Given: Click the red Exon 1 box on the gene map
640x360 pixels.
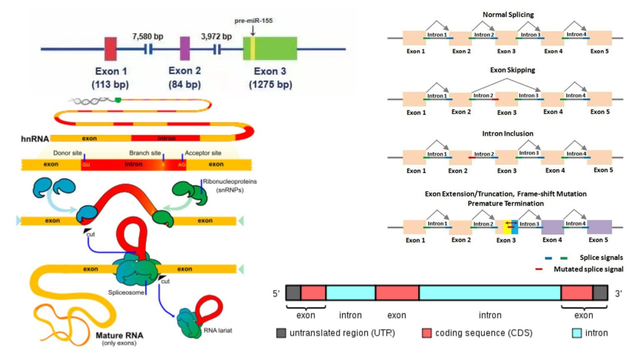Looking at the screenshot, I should coord(110,49).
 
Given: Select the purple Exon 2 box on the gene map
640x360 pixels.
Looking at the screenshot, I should coord(185,48).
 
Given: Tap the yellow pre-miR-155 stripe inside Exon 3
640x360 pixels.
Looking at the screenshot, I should coord(252,48).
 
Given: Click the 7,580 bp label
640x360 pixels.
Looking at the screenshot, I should coord(147,37).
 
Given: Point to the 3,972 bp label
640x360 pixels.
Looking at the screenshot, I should coord(216,37).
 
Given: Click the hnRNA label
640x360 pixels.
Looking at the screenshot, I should coord(35,139).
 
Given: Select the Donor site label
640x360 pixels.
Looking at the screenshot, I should coord(67,153).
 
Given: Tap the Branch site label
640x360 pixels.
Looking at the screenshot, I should coord(145,153).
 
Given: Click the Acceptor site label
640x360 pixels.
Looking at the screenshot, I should coord(203,153).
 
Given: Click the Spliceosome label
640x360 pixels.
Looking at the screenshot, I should coord(126,292).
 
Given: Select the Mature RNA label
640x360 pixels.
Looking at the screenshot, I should coord(119,335).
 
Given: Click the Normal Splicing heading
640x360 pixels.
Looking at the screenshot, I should coord(508,15).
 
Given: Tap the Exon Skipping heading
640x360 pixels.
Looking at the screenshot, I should coord(512,70).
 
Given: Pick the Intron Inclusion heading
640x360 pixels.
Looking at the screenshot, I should coord(507,134).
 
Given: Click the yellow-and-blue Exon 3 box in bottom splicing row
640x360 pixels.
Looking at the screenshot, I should coord(510,227).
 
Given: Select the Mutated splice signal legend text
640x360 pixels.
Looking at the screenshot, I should coord(588,269).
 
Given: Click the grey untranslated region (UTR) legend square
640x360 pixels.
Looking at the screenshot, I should coord(281,333).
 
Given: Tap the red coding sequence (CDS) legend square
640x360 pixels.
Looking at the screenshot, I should coord(427,333).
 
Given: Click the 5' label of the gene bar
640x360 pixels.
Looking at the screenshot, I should coord(276,294).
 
